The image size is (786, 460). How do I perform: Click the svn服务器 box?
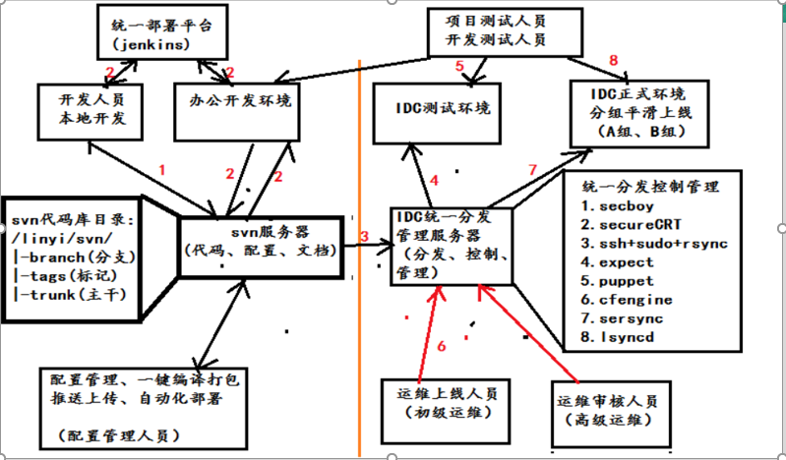(260, 240)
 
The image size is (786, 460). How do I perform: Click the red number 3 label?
(363, 237)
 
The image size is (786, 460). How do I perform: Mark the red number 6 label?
(442, 345)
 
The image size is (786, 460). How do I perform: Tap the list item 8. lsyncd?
(620, 337)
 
